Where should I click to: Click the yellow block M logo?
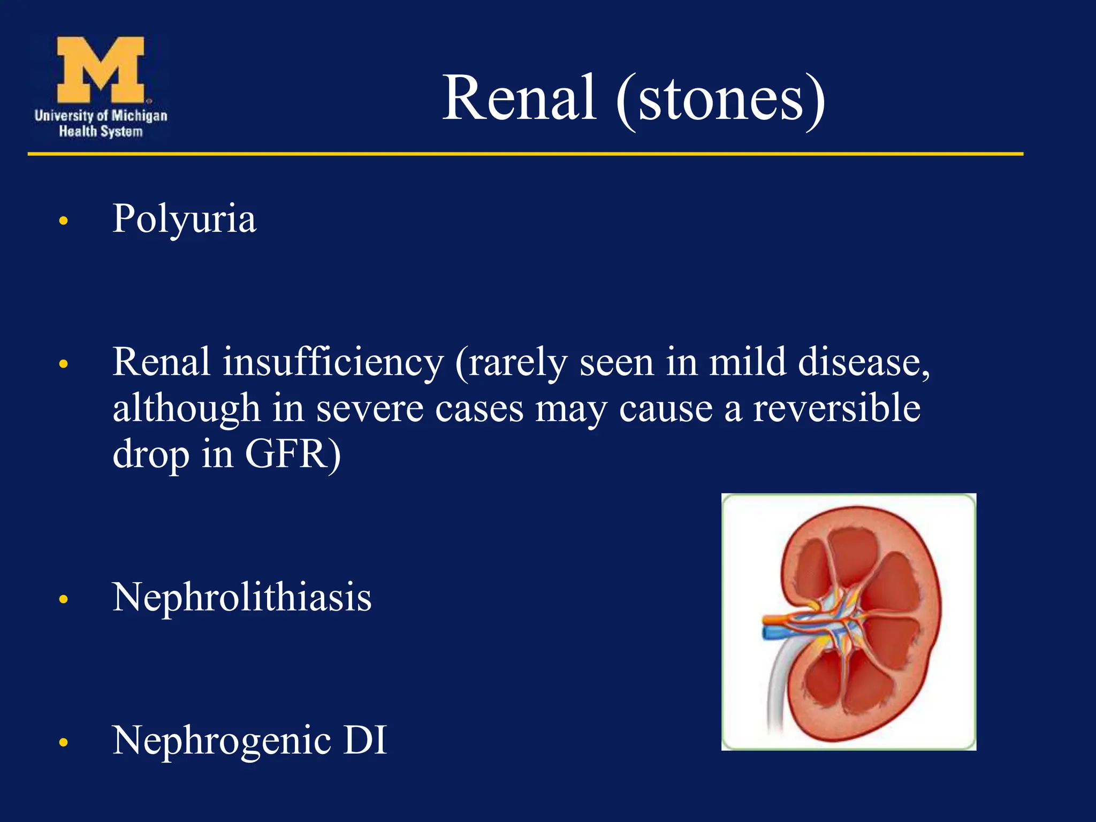101,70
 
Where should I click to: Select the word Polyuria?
184,219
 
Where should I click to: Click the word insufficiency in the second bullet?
333,363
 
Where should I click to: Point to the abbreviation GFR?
292,454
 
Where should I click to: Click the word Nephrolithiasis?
242,597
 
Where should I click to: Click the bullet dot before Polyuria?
64,220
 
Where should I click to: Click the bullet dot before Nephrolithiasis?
64,599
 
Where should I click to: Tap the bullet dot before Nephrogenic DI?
64,742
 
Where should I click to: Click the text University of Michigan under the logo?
101,116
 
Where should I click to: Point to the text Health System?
101,132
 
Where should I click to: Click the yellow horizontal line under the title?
524,154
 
